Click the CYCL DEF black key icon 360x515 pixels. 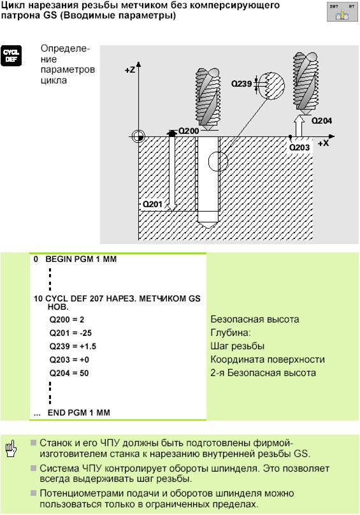(x=11, y=56)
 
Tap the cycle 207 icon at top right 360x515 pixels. (x=342, y=12)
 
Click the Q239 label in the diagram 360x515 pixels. (x=241, y=83)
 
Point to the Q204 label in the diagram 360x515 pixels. (x=322, y=121)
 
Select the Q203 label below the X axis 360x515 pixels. (x=299, y=147)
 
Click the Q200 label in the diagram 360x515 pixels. (x=189, y=131)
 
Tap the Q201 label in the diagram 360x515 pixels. (x=152, y=205)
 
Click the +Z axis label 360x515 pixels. (x=130, y=70)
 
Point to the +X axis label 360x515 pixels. (x=323, y=143)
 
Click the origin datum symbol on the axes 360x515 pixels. (x=138, y=136)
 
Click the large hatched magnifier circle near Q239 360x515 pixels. (x=271, y=85)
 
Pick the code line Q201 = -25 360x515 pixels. (x=71, y=333)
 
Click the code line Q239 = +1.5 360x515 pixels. (x=73, y=347)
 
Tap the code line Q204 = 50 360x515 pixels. (x=69, y=373)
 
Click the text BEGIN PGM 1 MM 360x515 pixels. (x=81, y=259)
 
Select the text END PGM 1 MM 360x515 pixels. (x=79, y=413)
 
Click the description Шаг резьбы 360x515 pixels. (x=238, y=346)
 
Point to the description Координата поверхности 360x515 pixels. (x=268, y=359)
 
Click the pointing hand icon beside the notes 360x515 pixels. (x=10, y=449)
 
